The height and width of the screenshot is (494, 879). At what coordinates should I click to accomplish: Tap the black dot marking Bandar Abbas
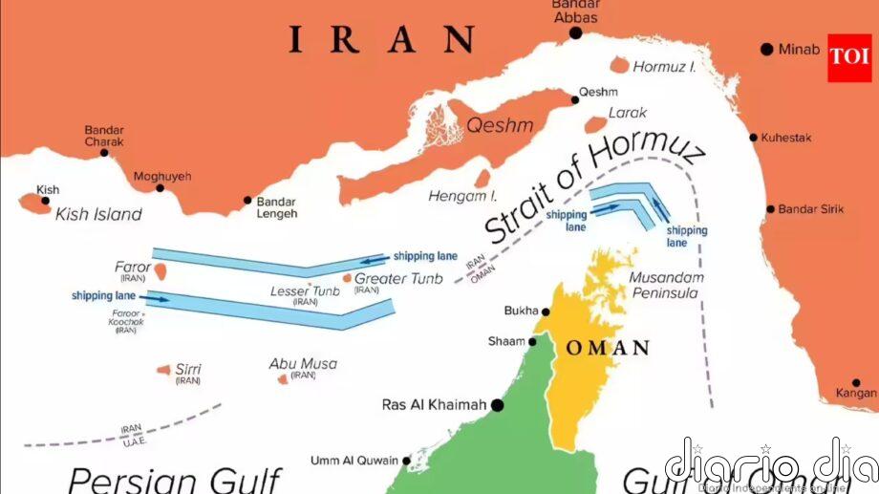(575, 33)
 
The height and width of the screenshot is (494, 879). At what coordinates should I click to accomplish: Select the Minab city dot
(766, 49)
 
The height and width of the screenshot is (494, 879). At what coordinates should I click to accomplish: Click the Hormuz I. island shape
(620, 65)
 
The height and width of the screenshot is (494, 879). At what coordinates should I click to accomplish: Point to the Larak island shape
(595, 122)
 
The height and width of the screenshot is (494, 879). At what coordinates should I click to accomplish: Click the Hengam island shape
(482, 179)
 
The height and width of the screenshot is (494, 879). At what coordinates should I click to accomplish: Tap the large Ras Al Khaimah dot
(497, 405)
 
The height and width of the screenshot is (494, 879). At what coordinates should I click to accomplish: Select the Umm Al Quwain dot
(406, 461)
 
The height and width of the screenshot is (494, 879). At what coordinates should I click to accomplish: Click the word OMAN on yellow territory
(608, 348)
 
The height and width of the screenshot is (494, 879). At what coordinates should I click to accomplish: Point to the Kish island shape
(34, 204)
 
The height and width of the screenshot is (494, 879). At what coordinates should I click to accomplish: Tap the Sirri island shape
(163, 370)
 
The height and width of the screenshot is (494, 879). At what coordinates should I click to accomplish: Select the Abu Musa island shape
(283, 379)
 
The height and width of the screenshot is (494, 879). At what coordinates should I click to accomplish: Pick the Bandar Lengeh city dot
(247, 201)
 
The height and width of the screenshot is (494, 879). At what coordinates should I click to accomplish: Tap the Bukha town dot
(546, 311)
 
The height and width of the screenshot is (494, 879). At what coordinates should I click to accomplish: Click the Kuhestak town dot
(754, 138)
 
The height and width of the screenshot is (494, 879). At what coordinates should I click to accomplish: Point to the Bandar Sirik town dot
(770, 209)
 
